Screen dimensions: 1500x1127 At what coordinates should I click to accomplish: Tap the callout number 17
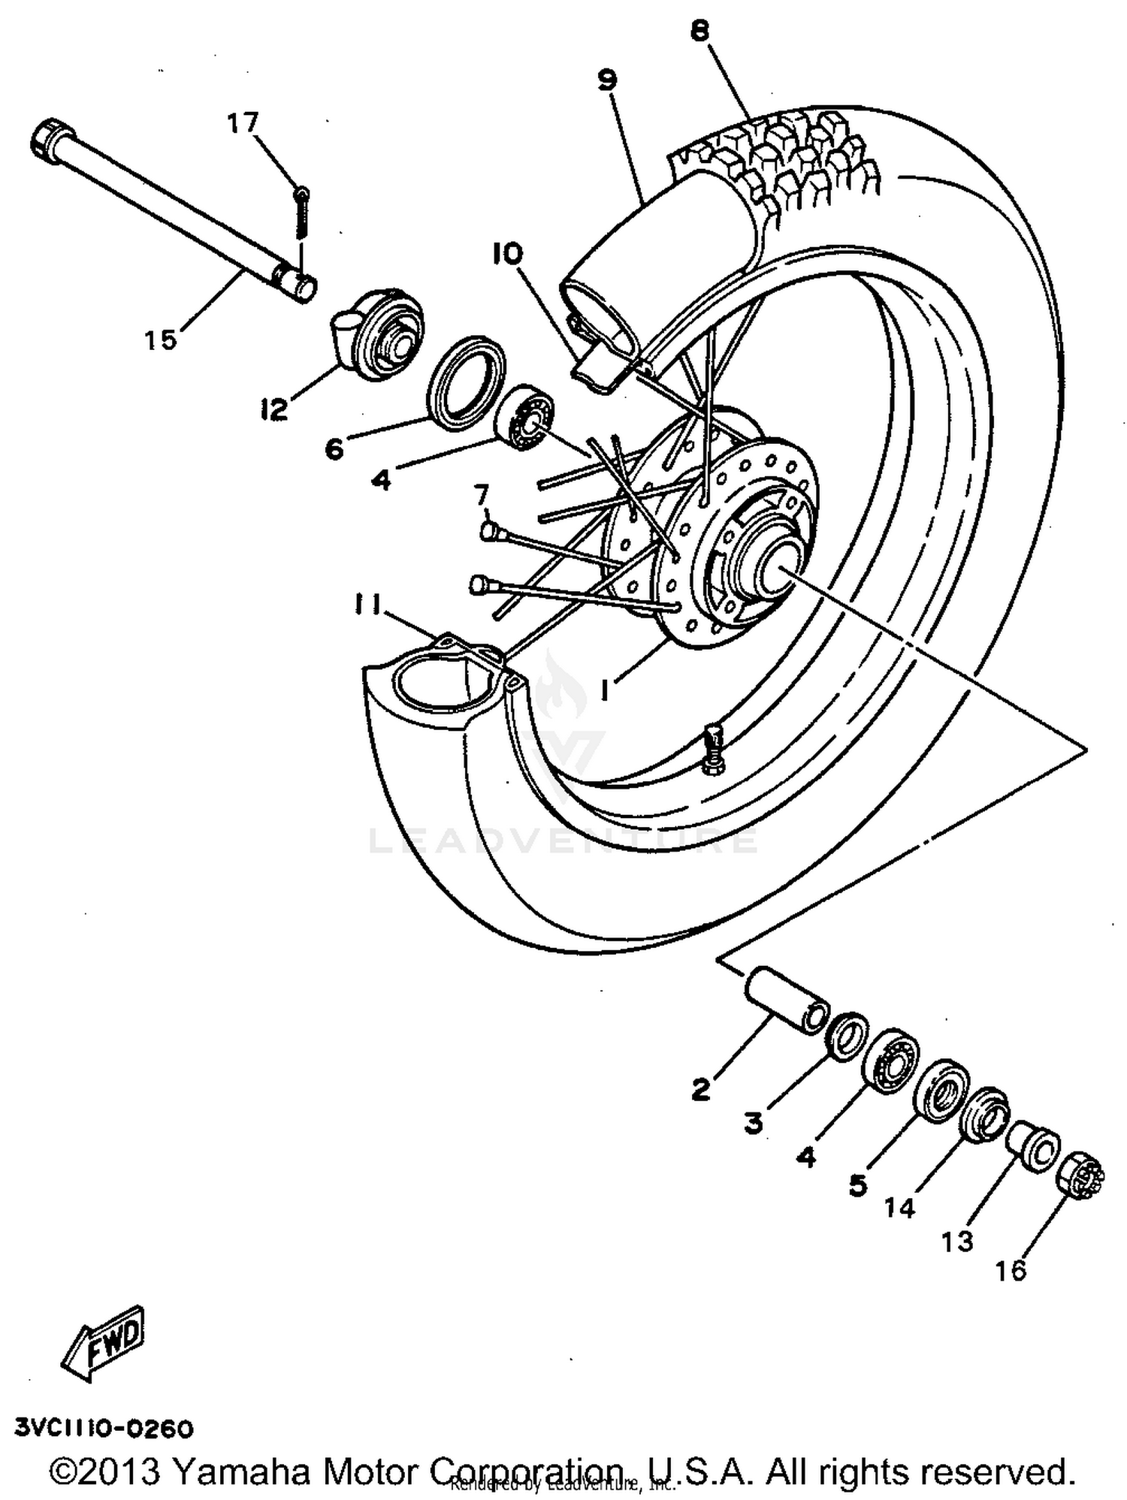pos(243,122)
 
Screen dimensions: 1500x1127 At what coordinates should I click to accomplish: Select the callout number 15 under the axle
pos(161,340)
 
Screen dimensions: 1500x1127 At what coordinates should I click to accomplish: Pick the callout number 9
pos(607,79)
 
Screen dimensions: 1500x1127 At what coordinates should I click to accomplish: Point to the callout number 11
pos(368,603)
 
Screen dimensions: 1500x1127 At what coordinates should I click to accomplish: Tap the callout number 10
pos(507,254)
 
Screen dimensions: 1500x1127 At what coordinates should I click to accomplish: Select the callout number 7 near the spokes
pos(481,495)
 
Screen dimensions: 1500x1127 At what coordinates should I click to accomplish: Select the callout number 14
pos(899,1207)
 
